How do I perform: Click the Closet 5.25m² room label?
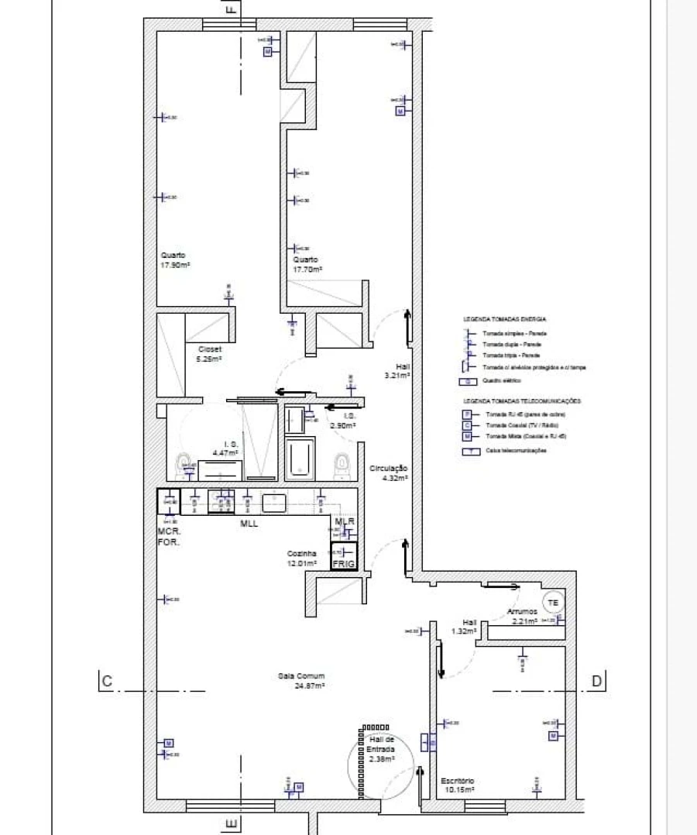click(x=209, y=354)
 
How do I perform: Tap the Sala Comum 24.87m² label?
click(x=300, y=680)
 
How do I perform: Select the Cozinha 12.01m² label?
click(x=302, y=558)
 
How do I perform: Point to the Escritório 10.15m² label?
click(x=457, y=785)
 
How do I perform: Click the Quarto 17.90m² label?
click(x=176, y=259)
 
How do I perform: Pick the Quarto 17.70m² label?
click(x=307, y=264)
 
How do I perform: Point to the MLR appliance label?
click(x=345, y=522)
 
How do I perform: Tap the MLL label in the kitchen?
click(x=249, y=524)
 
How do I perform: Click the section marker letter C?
click(x=107, y=682)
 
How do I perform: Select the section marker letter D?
click(x=596, y=682)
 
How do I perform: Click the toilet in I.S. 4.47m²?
click(x=185, y=465)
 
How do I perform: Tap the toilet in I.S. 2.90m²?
click(x=341, y=464)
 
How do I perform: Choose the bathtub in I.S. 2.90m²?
click(x=300, y=458)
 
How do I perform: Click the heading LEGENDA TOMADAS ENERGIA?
click(x=505, y=319)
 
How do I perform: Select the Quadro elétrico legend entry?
click(x=501, y=381)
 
